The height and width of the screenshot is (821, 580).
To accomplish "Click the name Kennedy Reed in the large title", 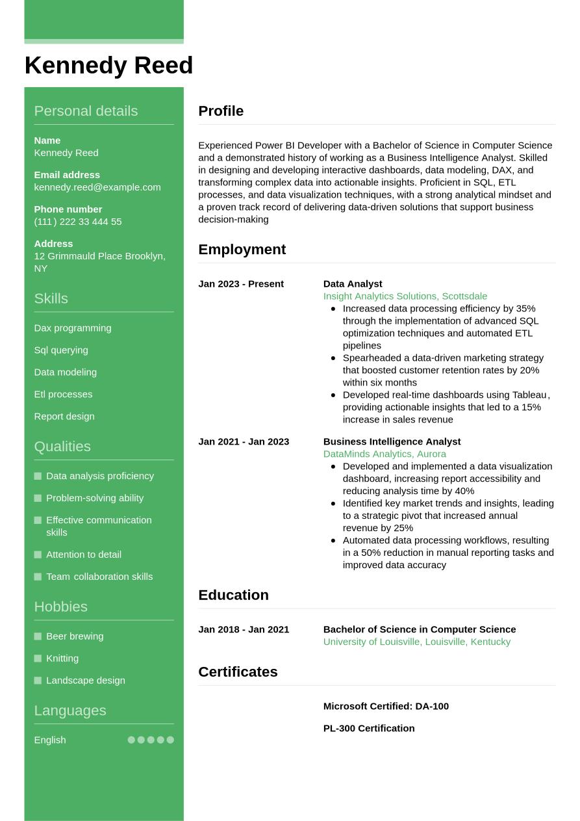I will (108, 66).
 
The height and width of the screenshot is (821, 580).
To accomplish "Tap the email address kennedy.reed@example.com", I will (97, 187).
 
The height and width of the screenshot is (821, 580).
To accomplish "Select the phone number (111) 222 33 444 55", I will (78, 222).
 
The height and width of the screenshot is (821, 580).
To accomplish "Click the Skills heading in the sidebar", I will (51, 298).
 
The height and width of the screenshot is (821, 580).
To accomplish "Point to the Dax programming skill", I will (73, 328).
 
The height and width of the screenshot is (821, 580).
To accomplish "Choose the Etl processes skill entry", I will (63, 395).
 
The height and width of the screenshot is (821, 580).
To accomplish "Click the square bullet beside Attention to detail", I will (38, 555).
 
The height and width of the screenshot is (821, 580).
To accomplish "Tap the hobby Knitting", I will (62, 658).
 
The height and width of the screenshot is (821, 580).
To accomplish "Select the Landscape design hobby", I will (86, 681).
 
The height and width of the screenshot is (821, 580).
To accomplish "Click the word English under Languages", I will (50, 740).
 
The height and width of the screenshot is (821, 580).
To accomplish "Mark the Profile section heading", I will (221, 111).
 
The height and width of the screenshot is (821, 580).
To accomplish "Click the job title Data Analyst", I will (353, 284).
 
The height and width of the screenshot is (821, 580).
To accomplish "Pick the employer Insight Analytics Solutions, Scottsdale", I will (405, 296).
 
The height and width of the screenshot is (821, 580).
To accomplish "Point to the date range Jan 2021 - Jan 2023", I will (244, 442).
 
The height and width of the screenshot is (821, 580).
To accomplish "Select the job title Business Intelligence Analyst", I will (392, 442).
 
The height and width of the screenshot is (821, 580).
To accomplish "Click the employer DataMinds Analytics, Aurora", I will (385, 454).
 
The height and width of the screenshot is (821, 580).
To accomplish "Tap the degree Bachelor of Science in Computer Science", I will (420, 630).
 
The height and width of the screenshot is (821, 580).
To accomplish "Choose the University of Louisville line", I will (417, 642).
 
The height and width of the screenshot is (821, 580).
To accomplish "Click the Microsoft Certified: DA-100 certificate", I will (386, 707).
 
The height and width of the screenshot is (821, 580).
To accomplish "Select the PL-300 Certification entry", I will (369, 729).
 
